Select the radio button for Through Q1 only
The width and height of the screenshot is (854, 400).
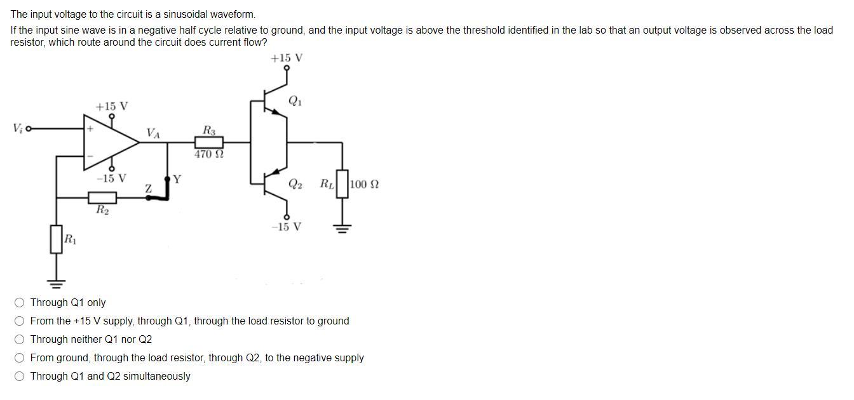pyautogui.click(x=21, y=303)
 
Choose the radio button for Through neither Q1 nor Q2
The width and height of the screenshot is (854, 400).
pyautogui.click(x=21, y=340)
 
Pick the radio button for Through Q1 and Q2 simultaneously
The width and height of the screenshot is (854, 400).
pyautogui.click(x=21, y=377)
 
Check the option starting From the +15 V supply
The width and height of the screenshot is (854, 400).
pyautogui.click(x=21, y=321)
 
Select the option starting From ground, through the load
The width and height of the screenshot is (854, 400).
pyautogui.click(x=21, y=358)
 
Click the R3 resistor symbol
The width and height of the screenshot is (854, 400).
pyautogui.click(x=209, y=142)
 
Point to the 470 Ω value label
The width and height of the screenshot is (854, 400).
pyautogui.click(x=209, y=154)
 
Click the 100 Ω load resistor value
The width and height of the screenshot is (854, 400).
pyautogui.click(x=365, y=185)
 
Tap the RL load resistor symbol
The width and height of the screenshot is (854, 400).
pyautogui.click(x=343, y=184)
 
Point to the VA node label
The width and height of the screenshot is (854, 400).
pyautogui.click(x=153, y=133)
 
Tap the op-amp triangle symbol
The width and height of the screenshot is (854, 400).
pyautogui.click(x=108, y=143)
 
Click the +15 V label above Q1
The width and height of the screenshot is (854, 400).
pyautogui.click(x=287, y=58)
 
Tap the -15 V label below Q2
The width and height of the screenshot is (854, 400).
pyautogui.click(x=287, y=227)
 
